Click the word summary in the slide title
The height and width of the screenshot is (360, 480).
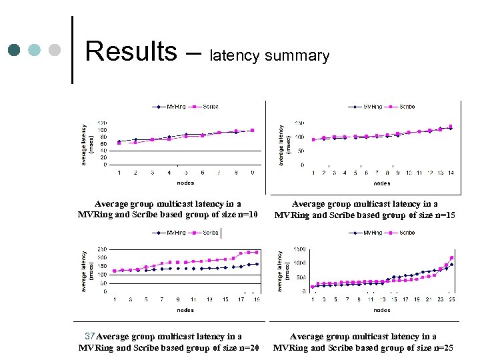click(x=297, y=56)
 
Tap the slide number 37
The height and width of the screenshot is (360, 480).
click(x=91, y=336)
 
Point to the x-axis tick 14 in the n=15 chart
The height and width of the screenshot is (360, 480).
click(x=451, y=173)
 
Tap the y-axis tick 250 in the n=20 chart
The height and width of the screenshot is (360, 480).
click(x=102, y=249)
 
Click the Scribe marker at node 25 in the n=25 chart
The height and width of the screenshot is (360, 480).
click(x=451, y=258)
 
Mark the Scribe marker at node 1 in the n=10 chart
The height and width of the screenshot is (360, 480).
click(x=119, y=143)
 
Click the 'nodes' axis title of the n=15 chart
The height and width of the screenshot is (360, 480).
click(x=382, y=183)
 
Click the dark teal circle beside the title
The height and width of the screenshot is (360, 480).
click(x=14, y=50)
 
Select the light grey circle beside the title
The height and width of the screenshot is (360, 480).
click(x=55, y=50)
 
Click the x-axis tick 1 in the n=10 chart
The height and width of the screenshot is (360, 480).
click(x=119, y=173)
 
